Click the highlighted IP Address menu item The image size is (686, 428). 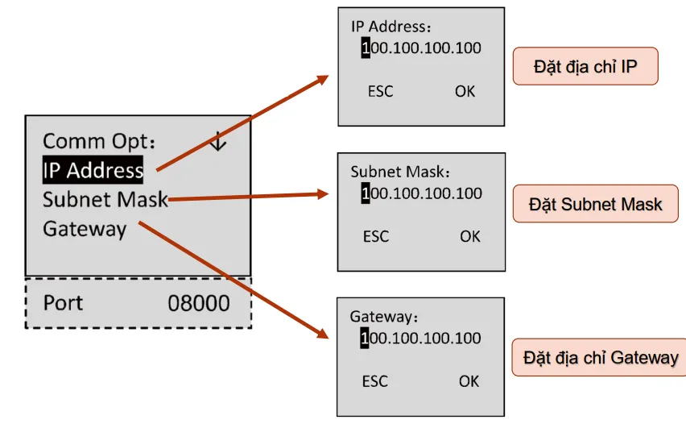pyautogui.click(x=93, y=170)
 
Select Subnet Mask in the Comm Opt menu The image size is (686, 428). pyautogui.click(x=105, y=198)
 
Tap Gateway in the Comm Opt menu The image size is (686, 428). pyautogui.click(x=85, y=229)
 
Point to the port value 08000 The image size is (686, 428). pyautogui.click(x=198, y=303)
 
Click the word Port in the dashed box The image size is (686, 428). pyautogui.click(x=63, y=303)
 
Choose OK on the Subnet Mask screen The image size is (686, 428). pyautogui.click(x=470, y=236)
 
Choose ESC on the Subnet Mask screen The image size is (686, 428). pyautogui.click(x=376, y=236)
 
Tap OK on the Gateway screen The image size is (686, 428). pyautogui.click(x=469, y=381)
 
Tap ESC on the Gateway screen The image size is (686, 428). pyautogui.click(x=375, y=381)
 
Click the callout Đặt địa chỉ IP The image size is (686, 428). pyautogui.click(x=585, y=66)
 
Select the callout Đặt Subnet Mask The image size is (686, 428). pyautogui.click(x=595, y=204)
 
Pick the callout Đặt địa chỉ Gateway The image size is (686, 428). pyautogui.click(x=601, y=357)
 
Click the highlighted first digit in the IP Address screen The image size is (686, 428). pyautogui.click(x=366, y=48)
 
